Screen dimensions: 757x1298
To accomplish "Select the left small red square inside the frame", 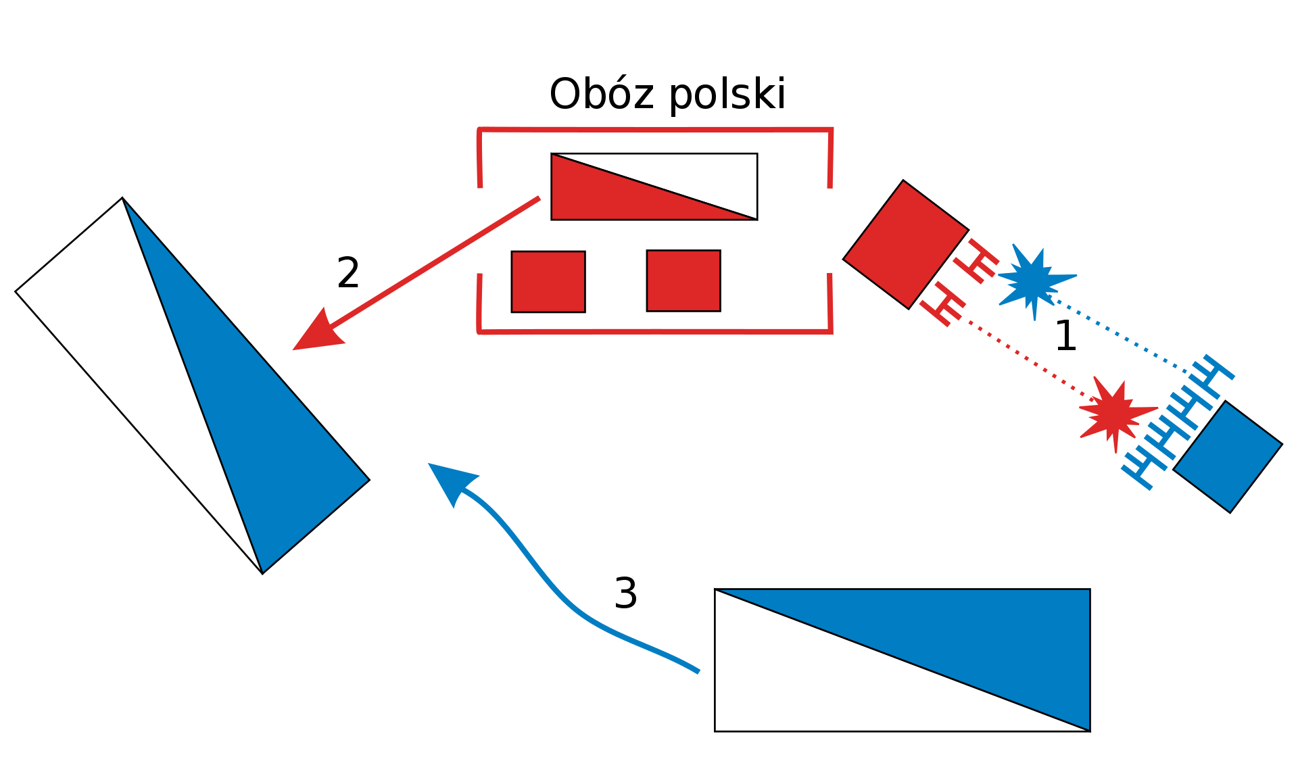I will pyautogui.click(x=548, y=282).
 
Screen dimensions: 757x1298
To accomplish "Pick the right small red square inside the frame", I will pyautogui.click(x=683, y=281).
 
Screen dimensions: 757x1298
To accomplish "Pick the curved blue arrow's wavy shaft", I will pyautogui.click(x=561, y=595).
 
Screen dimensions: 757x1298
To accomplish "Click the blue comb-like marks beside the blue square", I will pyautogui.click(x=1176, y=419).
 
